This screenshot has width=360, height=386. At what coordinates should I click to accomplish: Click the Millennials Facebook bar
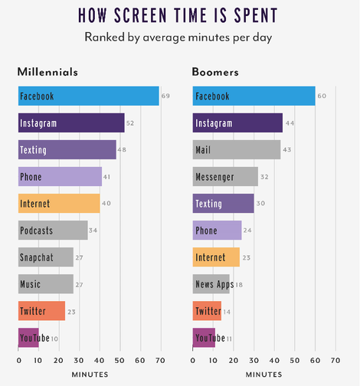(88, 96)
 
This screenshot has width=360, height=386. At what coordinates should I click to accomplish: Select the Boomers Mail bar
(237, 149)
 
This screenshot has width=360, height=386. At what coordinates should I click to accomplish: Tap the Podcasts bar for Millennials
(53, 230)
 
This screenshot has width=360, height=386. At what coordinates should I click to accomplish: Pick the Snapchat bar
(46, 257)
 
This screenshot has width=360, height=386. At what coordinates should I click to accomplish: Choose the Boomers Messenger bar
(225, 177)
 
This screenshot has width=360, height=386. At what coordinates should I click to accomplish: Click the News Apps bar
(211, 284)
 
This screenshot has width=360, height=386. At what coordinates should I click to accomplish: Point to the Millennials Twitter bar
(41, 311)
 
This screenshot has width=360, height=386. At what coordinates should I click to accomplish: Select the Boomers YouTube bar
(204, 338)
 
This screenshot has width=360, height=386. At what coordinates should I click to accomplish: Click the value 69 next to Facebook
(165, 96)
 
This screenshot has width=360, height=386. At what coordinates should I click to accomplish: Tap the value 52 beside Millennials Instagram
(131, 123)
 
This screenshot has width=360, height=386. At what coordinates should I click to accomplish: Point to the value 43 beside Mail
(288, 149)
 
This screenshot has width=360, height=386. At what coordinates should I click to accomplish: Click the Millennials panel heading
(47, 71)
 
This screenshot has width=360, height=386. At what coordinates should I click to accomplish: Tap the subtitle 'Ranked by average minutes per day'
(180, 36)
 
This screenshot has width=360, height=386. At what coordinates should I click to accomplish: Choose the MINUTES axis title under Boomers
(264, 375)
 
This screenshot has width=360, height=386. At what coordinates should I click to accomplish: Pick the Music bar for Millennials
(46, 284)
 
